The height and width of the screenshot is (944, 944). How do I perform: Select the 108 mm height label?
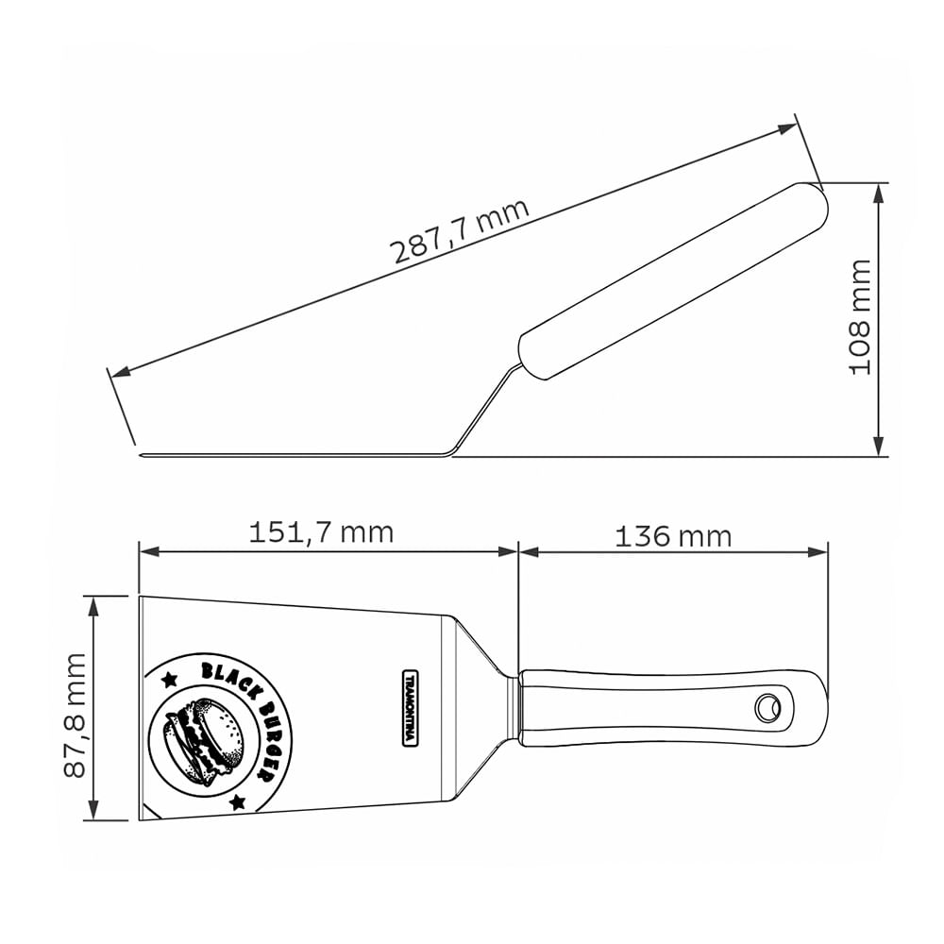[860, 317]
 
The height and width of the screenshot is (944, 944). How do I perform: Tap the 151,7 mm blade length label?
[322, 532]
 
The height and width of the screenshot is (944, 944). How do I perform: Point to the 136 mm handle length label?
[673, 536]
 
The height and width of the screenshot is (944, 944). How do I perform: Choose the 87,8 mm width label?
[76, 716]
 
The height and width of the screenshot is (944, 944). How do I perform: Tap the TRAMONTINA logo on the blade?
[410, 707]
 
